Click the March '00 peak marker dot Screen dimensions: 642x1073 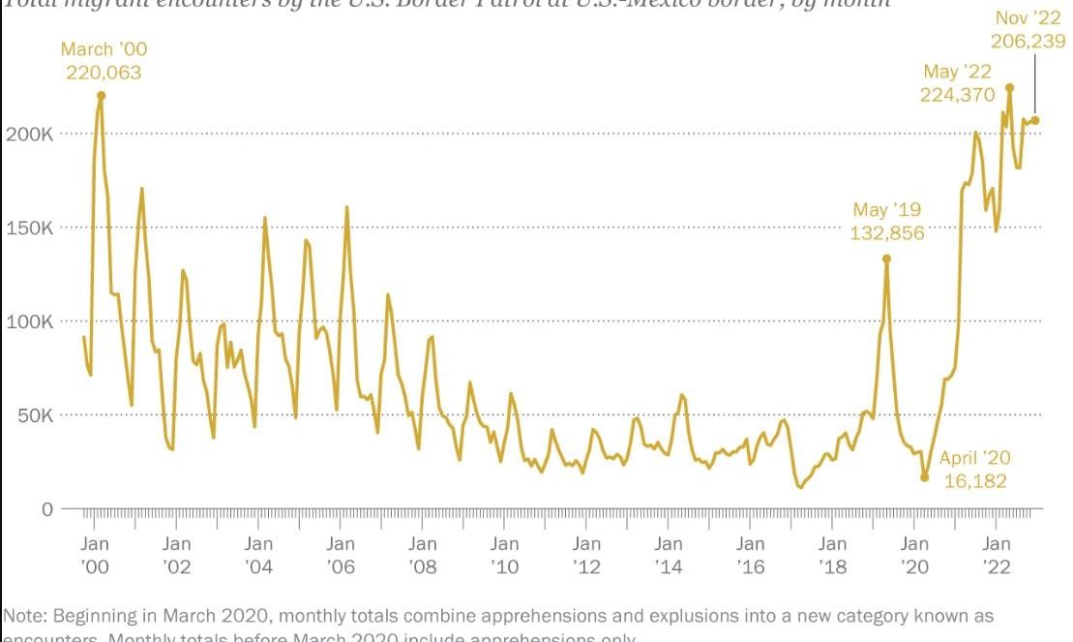[101, 95]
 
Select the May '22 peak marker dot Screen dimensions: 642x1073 [1009, 87]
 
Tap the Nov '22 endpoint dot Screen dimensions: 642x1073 [1035, 120]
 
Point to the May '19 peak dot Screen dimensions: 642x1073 [886, 259]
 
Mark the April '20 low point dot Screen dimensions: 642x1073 [924, 477]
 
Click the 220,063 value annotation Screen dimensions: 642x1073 [104, 73]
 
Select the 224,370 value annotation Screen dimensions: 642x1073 [957, 95]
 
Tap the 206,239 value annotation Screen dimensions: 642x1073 [1028, 41]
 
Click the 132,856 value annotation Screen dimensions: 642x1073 [887, 233]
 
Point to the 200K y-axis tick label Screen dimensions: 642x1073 [29, 134]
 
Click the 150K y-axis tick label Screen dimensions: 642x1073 [29, 228]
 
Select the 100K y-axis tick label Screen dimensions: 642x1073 [29, 321]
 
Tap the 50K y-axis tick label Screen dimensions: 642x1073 [34, 415]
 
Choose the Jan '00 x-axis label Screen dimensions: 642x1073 [95, 555]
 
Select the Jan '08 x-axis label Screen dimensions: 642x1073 [423, 555]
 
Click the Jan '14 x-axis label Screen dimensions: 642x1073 [669, 555]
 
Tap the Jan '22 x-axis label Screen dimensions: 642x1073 [997, 555]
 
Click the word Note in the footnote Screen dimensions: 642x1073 [23, 616]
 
